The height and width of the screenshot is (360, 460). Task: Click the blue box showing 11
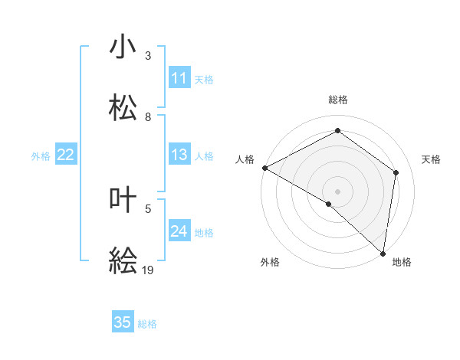click(179, 78)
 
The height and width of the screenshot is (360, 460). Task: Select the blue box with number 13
click(179, 155)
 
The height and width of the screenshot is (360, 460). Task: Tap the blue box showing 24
click(179, 231)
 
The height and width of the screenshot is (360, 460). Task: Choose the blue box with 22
click(66, 155)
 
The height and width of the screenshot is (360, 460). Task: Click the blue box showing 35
click(123, 322)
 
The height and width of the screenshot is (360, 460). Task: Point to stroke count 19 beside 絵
click(149, 270)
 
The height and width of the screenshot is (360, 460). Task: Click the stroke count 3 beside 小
click(148, 56)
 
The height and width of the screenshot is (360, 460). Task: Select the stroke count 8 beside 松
click(148, 117)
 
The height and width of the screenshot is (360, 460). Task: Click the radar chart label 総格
click(337, 100)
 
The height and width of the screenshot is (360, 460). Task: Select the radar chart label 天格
click(431, 159)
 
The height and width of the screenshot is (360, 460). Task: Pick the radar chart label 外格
click(270, 262)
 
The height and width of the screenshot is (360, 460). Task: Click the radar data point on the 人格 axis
click(264, 168)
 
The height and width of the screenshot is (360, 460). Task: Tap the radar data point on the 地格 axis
click(383, 253)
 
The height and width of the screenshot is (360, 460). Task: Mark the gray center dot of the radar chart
click(337, 191)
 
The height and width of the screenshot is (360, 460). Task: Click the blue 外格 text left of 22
click(41, 155)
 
